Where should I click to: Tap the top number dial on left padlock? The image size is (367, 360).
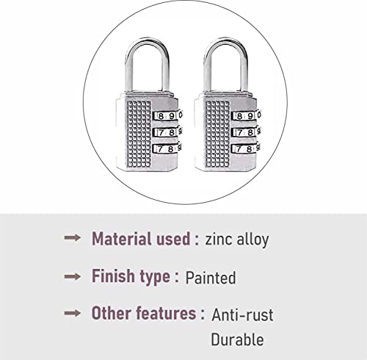(167, 115)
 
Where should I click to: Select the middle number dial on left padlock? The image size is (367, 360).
(167, 132)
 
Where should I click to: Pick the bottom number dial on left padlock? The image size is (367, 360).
(167, 149)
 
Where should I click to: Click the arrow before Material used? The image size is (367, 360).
(73, 240)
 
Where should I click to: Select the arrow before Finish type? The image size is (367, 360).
(73, 277)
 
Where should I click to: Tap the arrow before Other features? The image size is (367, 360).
(73, 314)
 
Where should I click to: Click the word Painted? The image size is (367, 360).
(211, 278)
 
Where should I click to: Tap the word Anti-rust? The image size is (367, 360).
(242, 315)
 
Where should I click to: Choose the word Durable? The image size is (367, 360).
(237, 340)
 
